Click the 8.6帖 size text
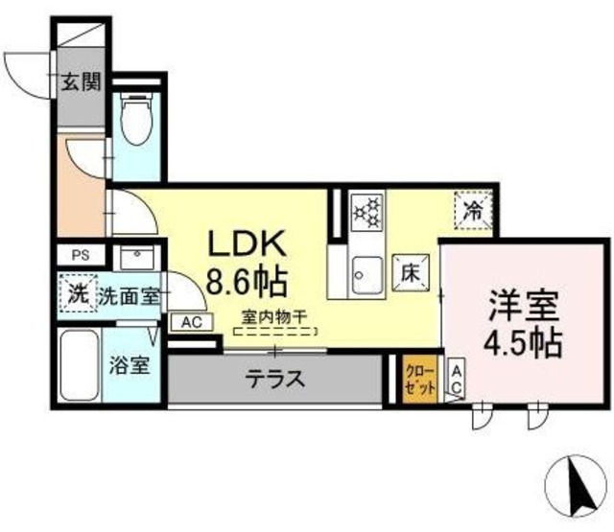(x=247, y=282)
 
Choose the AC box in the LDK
(x=191, y=323)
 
